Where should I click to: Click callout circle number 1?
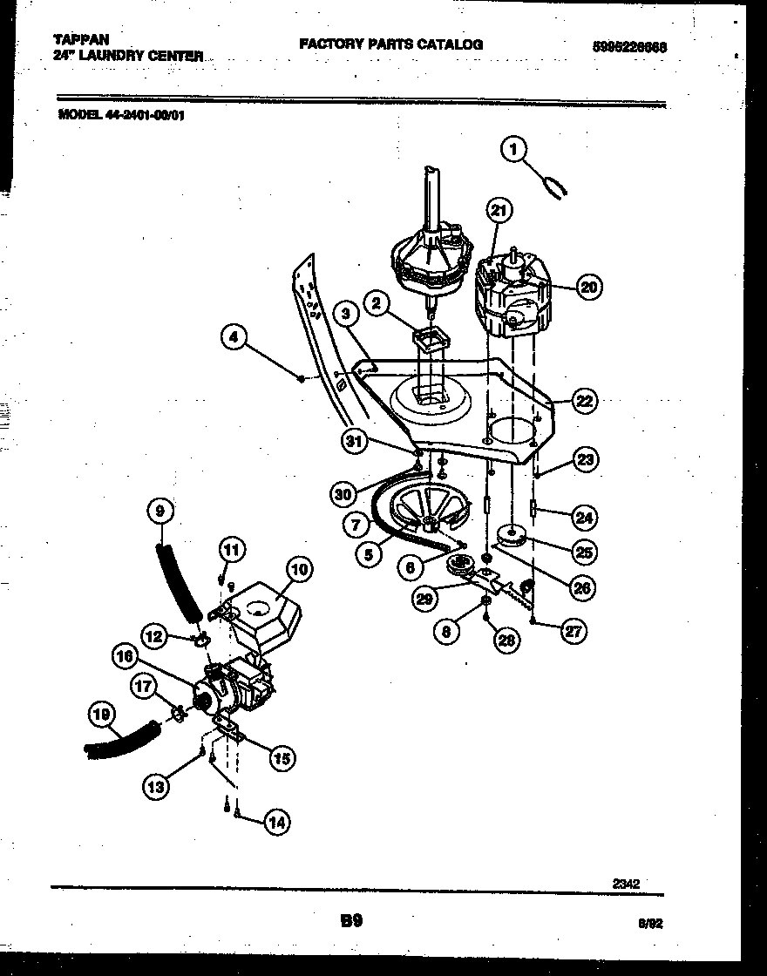(514, 150)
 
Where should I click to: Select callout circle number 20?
(590, 287)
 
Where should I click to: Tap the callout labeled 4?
(233, 337)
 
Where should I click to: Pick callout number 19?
(103, 715)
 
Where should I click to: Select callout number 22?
(584, 401)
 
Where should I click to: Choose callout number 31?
(353, 442)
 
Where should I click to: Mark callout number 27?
(573, 632)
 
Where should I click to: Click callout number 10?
(298, 571)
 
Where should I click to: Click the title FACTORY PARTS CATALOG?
(390, 44)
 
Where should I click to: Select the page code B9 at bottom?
(350, 920)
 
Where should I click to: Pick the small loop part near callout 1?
(554, 186)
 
